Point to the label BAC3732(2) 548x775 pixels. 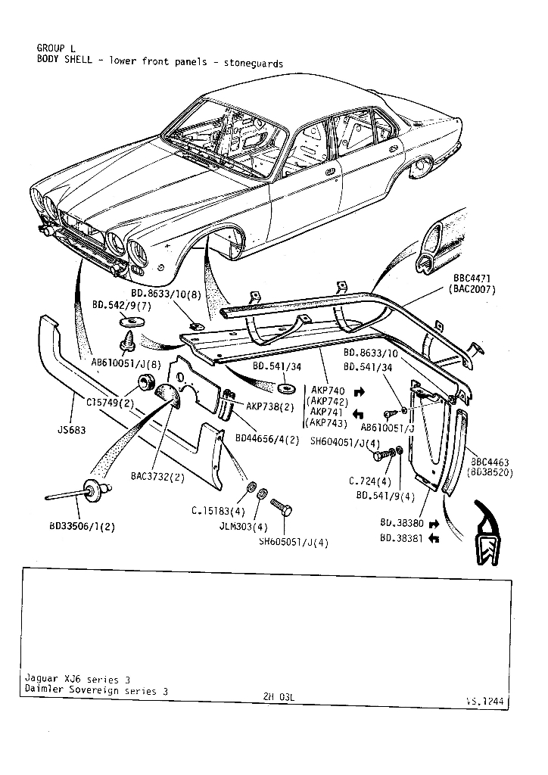pyautogui.click(x=157, y=477)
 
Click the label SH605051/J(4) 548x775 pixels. pyautogui.click(x=294, y=542)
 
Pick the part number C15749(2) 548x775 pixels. pyautogui.click(x=110, y=402)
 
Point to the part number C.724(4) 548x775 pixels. pyautogui.click(x=370, y=481)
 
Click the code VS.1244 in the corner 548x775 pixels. pyautogui.click(x=484, y=701)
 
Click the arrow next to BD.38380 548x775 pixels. pyautogui.click(x=434, y=523)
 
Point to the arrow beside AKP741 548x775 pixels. pyautogui.click(x=359, y=413)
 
